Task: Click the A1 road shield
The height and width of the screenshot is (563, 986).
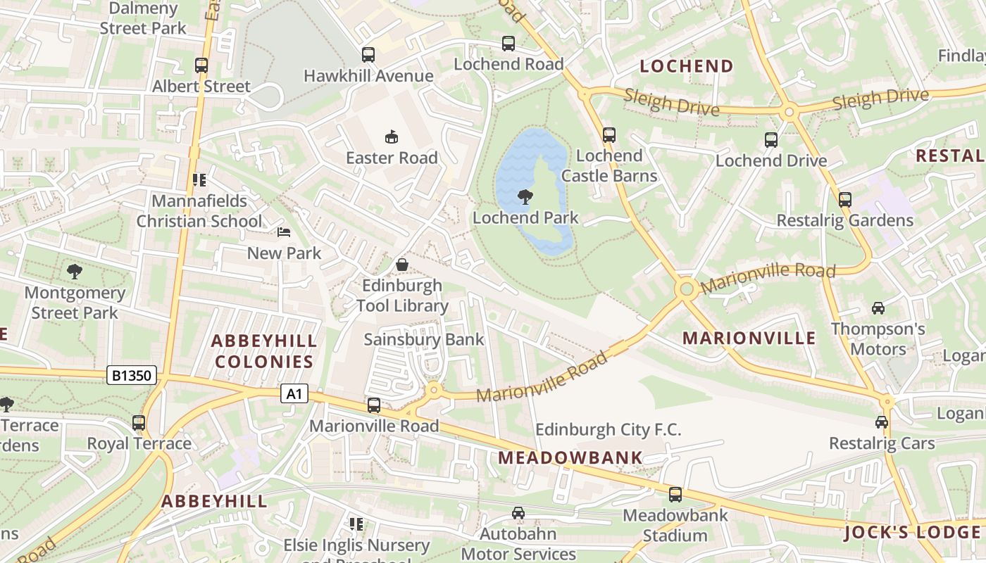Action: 294,393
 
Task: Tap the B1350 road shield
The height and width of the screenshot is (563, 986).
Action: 132,375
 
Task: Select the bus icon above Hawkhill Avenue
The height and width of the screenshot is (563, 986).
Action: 368,55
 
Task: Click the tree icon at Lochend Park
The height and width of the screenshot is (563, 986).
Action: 525,197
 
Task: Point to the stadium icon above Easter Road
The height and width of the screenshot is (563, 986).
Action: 392,137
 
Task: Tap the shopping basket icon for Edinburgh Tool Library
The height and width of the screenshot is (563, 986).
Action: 401,265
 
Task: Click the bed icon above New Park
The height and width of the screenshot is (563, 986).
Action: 284,232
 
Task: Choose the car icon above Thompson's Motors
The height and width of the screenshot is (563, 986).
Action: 878,308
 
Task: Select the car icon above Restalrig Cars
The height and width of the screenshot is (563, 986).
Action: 881,422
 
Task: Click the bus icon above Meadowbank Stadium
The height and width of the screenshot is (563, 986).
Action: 675,495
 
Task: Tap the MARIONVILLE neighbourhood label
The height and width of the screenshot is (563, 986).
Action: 749,338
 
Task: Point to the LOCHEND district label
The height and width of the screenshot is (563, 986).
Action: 687,66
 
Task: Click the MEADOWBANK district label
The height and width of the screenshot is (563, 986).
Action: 570,457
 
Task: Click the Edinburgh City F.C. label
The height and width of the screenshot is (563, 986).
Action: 609,429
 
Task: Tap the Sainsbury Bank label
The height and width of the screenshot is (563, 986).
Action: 424,339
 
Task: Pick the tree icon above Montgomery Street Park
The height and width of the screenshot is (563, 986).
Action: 74,271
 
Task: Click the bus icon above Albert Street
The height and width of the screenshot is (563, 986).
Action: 201,65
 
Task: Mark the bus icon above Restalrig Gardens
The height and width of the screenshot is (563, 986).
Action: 844,199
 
